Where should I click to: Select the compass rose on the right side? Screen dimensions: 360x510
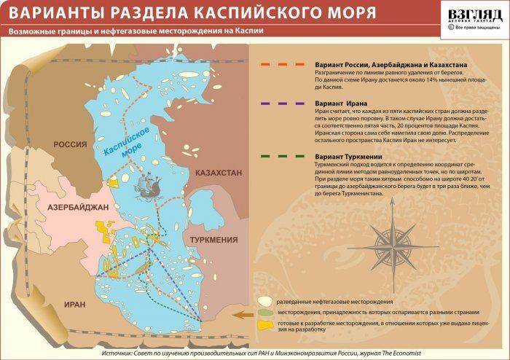tap(393, 240)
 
